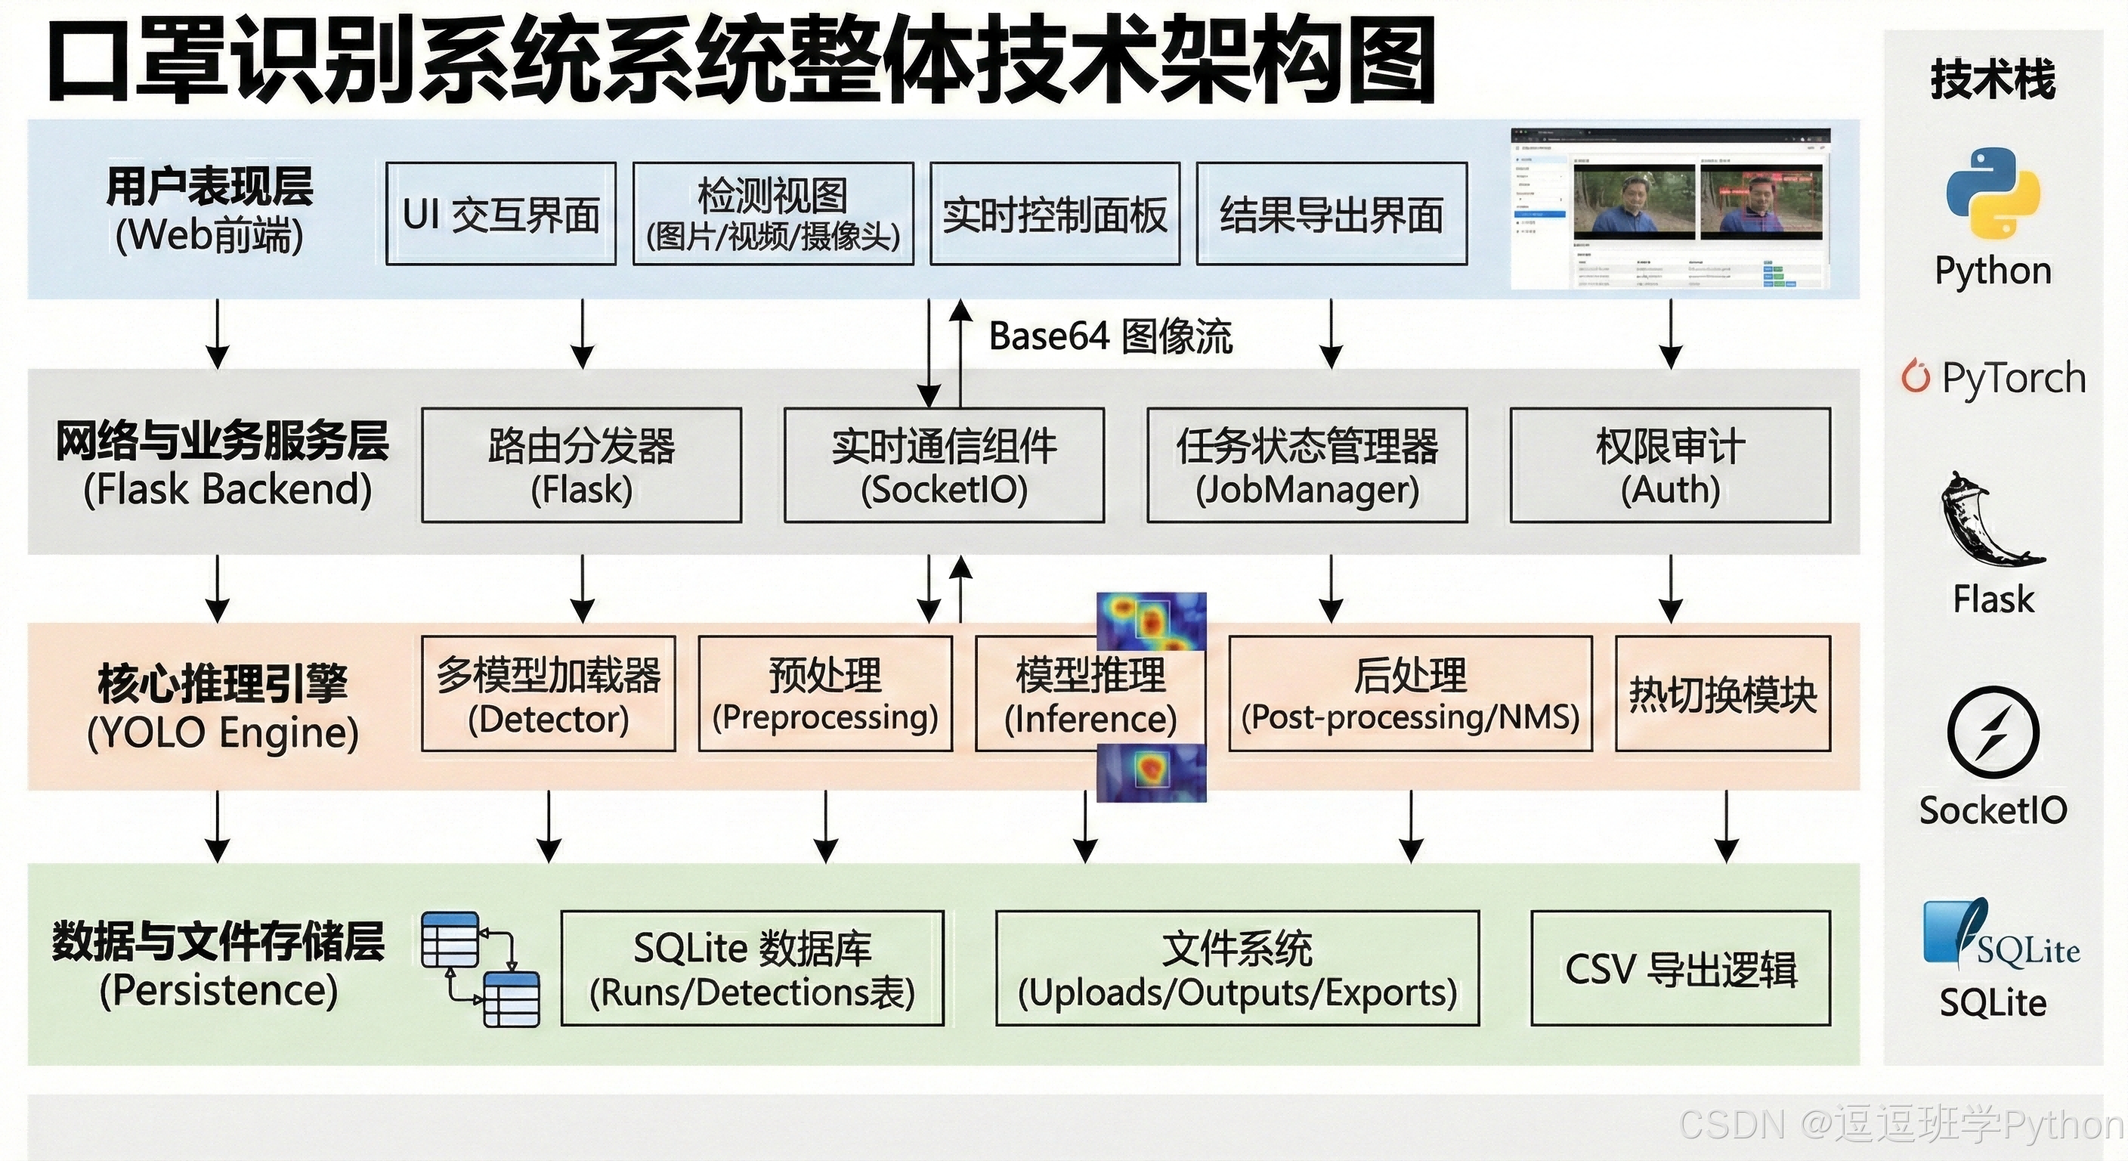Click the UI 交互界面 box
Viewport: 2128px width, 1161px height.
pyautogui.click(x=500, y=213)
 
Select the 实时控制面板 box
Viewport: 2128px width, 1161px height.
pyautogui.click(x=1054, y=213)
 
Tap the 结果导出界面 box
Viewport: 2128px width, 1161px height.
pyautogui.click(x=1331, y=213)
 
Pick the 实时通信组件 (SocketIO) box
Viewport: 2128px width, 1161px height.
pyautogui.click(x=943, y=465)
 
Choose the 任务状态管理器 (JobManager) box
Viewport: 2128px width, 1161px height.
pyautogui.click(x=1307, y=465)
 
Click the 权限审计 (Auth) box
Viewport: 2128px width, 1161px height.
pyautogui.click(x=1669, y=465)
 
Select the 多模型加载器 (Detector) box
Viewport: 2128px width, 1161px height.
pyautogui.click(x=548, y=693)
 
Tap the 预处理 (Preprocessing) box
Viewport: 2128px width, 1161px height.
pyautogui.click(x=824, y=693)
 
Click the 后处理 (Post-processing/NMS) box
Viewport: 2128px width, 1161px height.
pyautogui.click(x=1409, y=693)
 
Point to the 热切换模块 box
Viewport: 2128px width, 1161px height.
pyautogui.click(x=1722, y=693)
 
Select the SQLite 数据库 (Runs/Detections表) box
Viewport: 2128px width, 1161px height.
pyautogui.click(x=752, y=968)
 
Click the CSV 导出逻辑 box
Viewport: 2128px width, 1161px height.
pyautogui.click(x=1681, y=968)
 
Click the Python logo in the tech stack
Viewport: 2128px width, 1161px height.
pyautogui.click(x=1993, y=193)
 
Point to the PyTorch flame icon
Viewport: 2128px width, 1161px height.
pyautogui.click(x=1915, y=377)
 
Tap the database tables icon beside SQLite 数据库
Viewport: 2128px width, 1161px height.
pyautogui.click(x=480, y=968)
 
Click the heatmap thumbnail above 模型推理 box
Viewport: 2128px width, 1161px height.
pyautogui.click(x=1151, y=621)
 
